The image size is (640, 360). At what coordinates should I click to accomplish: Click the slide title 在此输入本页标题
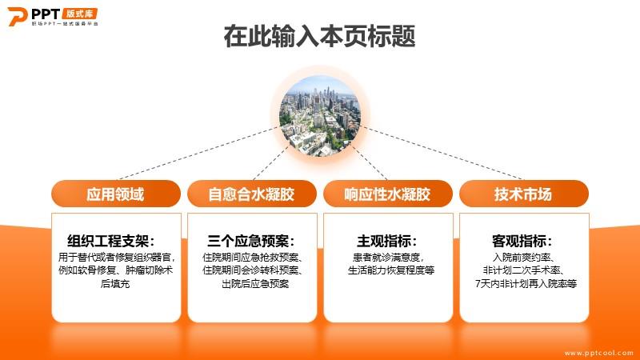tap(319, 36)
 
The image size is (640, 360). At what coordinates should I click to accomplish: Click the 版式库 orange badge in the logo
tap(80, 14)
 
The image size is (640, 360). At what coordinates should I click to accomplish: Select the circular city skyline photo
tap(320, 115)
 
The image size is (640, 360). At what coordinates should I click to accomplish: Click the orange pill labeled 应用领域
tap(116, 194)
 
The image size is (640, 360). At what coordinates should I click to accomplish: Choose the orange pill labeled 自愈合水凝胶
tap(252, 194)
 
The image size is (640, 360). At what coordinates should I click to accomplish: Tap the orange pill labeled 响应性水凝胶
tap(388, 194)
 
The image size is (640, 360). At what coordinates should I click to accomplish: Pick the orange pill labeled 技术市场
tap(524, 194)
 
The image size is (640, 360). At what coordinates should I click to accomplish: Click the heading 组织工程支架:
tap(111, 241)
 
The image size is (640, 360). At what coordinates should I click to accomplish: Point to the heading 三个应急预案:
tap(251, 241)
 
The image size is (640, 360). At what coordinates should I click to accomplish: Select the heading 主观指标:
tap(387, 241)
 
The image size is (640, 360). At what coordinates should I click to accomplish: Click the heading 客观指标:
tap(522, 241)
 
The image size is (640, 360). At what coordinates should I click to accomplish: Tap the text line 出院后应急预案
tap(255, 284)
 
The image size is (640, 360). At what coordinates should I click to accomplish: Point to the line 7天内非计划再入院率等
tap(526, 284)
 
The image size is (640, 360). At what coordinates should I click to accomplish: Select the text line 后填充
tap(115, 284)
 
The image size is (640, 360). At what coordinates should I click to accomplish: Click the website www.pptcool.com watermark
tap(599, 353)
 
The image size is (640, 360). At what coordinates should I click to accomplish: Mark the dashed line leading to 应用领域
tap(198, 154)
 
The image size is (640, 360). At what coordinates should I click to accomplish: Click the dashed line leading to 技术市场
tap(442, 153)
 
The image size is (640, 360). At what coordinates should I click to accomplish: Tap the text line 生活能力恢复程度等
tap(391, 270)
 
